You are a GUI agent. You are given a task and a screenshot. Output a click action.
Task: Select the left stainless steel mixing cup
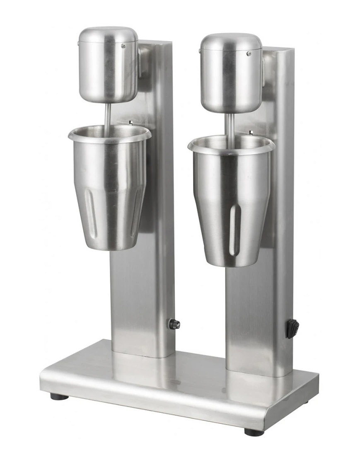pyautogui.click(x=109, y=191)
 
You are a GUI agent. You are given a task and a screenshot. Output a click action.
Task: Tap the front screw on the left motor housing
pyautogui.click(x=123, y=46)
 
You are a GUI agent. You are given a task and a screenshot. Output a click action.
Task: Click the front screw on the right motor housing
pyautogui.click(x=249, y=53)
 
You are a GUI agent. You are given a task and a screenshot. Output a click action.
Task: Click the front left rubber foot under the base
pyautogui.click(x=59, y=397)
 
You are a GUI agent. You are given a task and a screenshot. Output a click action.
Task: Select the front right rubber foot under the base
pyautogui.click(x=254, y=432)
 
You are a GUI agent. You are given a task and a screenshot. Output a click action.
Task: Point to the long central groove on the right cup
pyautogui.click(x=234, y=230)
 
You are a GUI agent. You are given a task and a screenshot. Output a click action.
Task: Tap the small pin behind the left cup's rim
pyautogui.click(x=130, y=122)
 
